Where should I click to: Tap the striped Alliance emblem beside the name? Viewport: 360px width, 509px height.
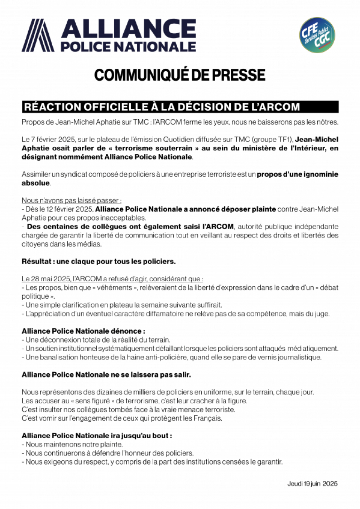tap(38, 35)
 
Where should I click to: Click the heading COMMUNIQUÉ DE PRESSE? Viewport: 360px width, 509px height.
tap(180, 75)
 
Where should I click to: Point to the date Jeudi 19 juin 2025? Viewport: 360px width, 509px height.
tap(312, 484)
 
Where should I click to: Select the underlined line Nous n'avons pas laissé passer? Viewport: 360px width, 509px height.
tap(72, 200)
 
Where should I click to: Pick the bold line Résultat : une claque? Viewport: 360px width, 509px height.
tap(99, 261)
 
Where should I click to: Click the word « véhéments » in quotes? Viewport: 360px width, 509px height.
tap(115, 287)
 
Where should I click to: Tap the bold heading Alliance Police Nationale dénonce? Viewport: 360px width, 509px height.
tap(83, 331)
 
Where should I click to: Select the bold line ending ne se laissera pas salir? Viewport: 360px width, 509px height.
tap(106, 375)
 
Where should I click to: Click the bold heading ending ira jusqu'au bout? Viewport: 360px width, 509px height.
tap(97, 436)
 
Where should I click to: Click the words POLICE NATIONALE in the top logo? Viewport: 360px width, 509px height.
tap(128, 47)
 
